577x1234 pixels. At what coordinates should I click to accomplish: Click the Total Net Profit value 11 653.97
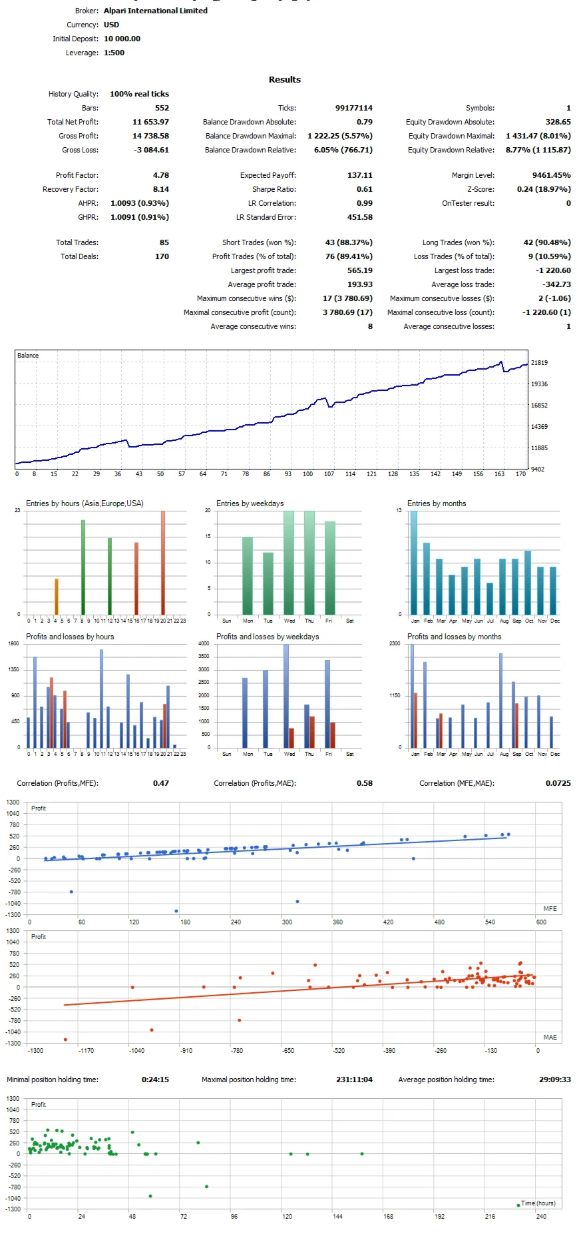(150, 122)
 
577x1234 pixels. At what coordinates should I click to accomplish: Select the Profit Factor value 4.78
(161, 175)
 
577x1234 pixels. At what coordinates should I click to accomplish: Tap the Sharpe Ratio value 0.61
(364, 189)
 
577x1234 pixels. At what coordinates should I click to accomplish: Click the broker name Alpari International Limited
(155, 11)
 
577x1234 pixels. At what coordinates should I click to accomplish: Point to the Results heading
(285, 79)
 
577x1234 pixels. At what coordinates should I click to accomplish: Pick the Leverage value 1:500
(114, 53)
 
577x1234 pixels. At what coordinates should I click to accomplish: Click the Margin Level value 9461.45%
(551, 175)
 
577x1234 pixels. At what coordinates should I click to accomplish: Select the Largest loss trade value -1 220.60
(553, 270)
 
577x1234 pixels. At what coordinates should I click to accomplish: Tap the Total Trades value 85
(164, 242)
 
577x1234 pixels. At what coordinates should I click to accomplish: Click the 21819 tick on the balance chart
(539, 363)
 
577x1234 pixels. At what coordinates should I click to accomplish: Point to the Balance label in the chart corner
(28, 356)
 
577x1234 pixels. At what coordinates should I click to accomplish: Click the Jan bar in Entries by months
(414, 563)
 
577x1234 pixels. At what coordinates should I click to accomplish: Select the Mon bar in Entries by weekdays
(248, 575)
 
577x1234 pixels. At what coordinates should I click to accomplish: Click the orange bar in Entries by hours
(57, 597)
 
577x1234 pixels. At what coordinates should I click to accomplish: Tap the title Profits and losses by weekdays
(267, 637)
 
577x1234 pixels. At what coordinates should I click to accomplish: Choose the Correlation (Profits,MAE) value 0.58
(364, 783)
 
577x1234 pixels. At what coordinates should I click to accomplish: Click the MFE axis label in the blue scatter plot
(550, 908)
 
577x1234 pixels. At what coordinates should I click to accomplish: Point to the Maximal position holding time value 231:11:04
(353, 1080)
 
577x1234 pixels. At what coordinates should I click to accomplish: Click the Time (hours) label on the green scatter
(538, 1203)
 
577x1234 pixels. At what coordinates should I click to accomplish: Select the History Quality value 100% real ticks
(139, 94)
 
